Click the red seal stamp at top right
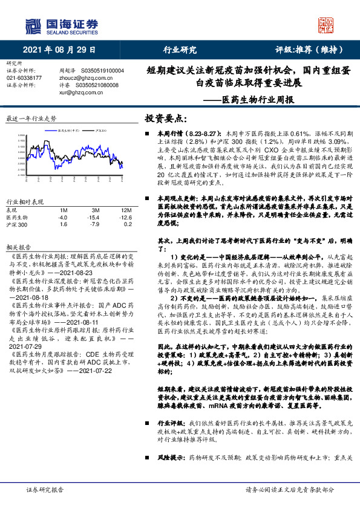(326, 24)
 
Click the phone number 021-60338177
(24, 78)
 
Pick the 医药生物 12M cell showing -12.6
(125, 216)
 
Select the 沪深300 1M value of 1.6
(63, 224)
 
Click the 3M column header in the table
(93, 209)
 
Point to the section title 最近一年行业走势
(31, 118)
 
